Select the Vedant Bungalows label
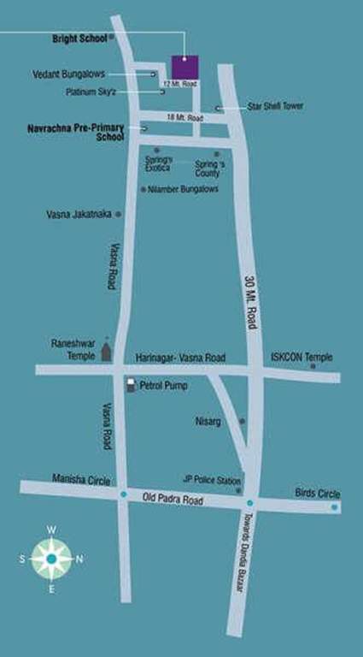pyautogui.click(x=68, y=74)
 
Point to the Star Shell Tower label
pyautogui.click(x=275, y=107)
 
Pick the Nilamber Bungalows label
pyautogui.click(x=184, y=189)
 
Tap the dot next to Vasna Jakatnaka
pyautogui.click(x=118, y=214)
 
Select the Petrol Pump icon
pyautogui.click(x=131, y=386)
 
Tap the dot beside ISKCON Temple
pyautogui.click(x=313, y=366)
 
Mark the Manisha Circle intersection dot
pyautogui.click(x=124, y=494)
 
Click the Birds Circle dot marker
pyautogui.click(x=335, y=507)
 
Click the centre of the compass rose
pyautogui.click(x=51, y=559)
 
